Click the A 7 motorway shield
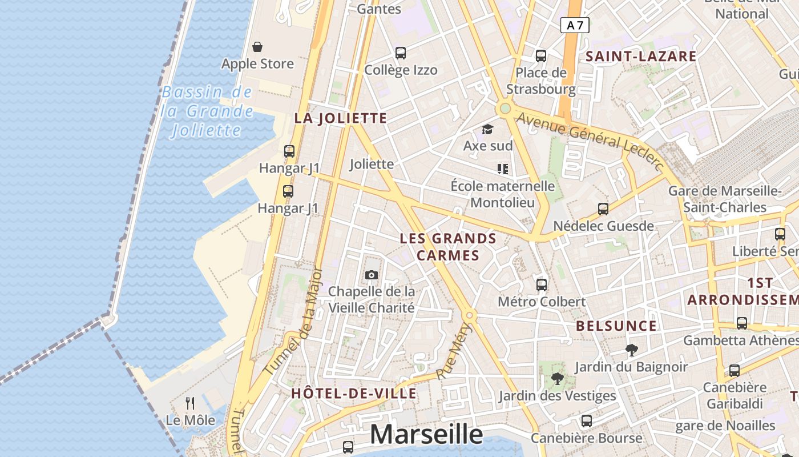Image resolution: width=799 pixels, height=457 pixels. click(x=575, y=25)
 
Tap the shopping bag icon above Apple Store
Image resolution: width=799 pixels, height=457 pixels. click(x=257, y=46)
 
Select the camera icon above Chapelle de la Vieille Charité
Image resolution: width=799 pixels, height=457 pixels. click(x=372, y=275)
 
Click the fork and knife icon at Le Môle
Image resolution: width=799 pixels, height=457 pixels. click(x=190, y=403)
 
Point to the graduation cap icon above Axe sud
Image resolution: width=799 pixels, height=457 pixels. click(x=487, y=130)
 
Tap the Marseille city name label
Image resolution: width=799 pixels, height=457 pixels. click(x=426, y=435)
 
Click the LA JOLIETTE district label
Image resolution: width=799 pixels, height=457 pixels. click(x=341, y=118)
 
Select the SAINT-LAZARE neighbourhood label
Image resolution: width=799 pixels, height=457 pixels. click(x=641, y=56)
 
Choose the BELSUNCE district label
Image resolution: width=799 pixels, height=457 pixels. click(x=616, y=326)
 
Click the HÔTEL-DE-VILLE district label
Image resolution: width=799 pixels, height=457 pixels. click(x=354, y=394)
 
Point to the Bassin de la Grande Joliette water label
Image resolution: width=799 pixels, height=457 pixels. click(x=207, y=111)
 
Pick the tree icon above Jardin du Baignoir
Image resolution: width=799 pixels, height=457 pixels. click(x=631, y=350)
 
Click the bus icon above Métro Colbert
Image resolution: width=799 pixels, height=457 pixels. click(x=542, y=284)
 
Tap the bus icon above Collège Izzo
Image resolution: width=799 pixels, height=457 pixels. click(x=401, y=53)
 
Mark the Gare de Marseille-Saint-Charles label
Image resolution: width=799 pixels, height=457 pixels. click(x=725, y=199)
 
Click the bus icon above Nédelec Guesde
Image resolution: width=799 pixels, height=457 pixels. click(x=603, y=209)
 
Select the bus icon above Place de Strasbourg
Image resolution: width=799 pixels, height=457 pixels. click(x=541, y=56)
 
